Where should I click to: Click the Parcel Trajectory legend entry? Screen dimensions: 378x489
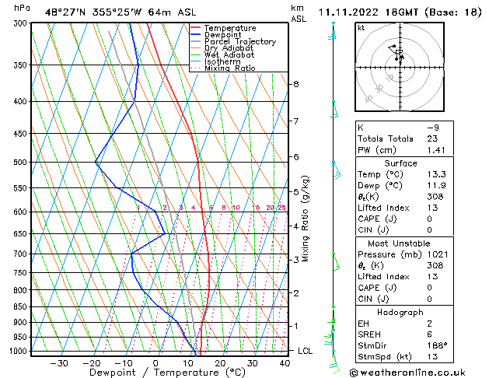[x=239, y=41]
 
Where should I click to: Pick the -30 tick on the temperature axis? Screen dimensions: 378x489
[x=59, y=363]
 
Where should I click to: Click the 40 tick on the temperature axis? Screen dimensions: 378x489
[x=285, y=363]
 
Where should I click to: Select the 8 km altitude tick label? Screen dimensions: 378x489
[x=296, y=84]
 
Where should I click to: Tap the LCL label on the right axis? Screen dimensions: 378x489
[x=306, y=351]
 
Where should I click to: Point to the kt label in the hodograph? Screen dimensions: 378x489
[x=362, y=27]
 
